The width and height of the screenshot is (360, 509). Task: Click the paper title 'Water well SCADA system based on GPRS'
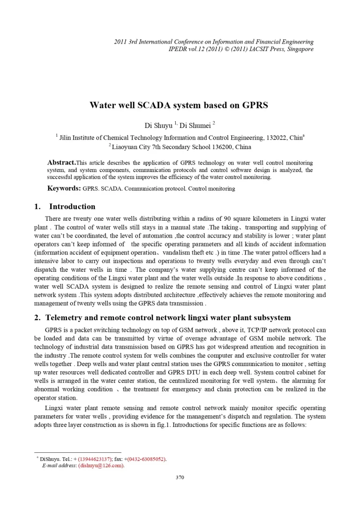tap(179, 105)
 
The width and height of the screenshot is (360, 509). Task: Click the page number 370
tap(180, 478)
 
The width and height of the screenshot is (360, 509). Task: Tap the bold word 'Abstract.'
tap(61, 162)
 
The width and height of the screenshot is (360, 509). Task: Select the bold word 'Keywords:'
tap(64, 188)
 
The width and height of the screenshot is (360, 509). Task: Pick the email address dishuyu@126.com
tap(101, 465)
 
